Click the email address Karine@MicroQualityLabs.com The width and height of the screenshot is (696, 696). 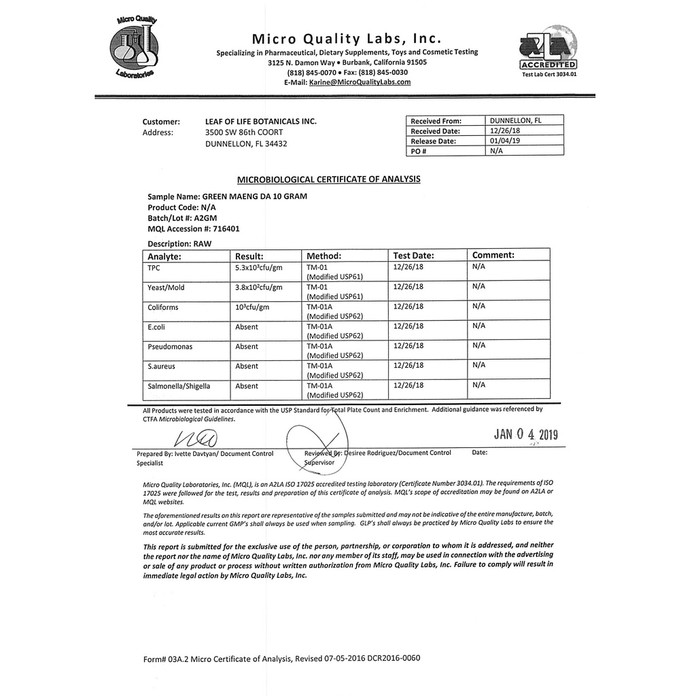[360, 82]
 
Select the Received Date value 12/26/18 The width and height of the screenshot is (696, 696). [504, 130]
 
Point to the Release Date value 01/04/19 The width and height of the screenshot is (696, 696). [504, 141]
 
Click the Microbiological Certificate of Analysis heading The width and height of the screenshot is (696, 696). [328, 179]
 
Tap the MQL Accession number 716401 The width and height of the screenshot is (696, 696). [226, 229]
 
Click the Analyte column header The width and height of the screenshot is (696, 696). [164, 256]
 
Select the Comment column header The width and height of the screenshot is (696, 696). [493, 255]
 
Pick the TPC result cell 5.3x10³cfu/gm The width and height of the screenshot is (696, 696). [259, 268]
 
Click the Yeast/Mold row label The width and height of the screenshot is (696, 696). [166, 288]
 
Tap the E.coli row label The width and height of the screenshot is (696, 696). [156, 327]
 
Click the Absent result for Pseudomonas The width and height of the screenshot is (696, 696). [247, 347]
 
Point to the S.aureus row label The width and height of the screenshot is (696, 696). [161, 366]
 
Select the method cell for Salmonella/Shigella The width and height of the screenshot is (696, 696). [335, 390]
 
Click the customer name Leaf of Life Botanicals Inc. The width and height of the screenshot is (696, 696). [261, 122]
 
